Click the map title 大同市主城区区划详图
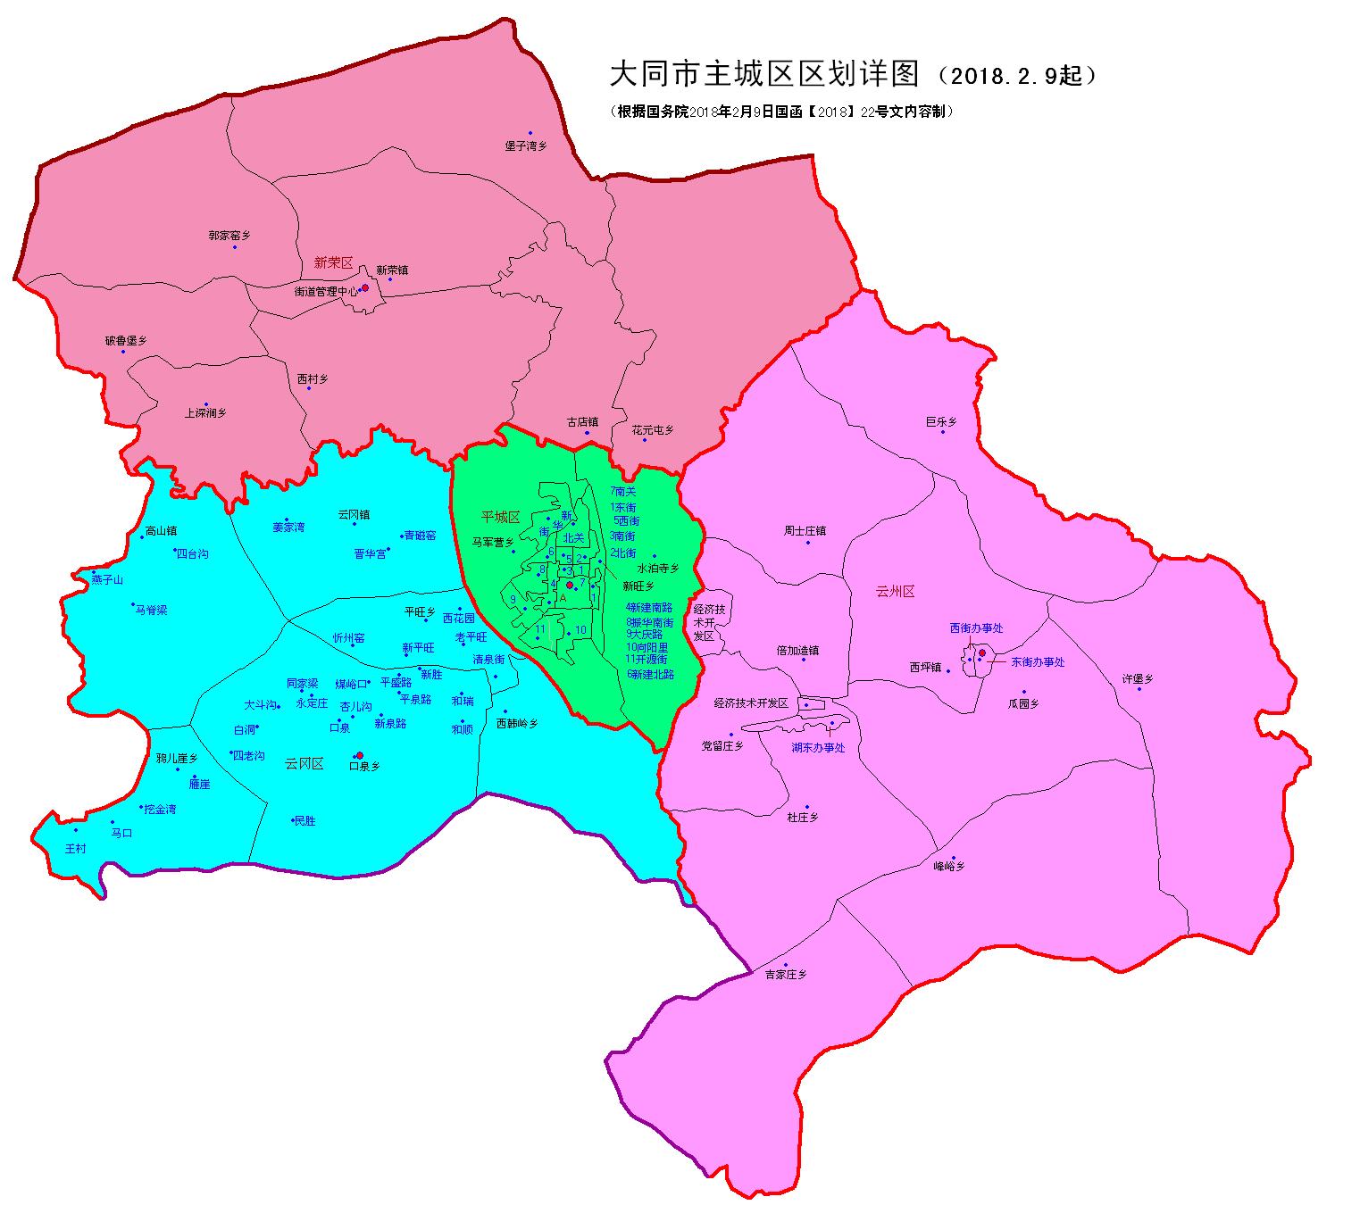[763, 74]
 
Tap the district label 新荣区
[333, 262]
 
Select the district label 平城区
[500, 517]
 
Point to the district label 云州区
[895, 591]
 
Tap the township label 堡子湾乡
[525, 145]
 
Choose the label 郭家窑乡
[229, 236]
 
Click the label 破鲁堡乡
[126, 340]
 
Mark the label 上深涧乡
[205, 413]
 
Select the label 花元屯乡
[653, 429]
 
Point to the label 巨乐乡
[941, 421]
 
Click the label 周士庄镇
[805, 530]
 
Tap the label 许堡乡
[1138, 679]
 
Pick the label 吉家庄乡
[785, 975]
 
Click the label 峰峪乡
[949, 866]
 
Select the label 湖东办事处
[818, 748]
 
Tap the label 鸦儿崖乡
[177, 758]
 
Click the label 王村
[75, 848]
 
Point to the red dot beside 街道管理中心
[364, 288]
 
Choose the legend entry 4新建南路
[649, 607]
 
